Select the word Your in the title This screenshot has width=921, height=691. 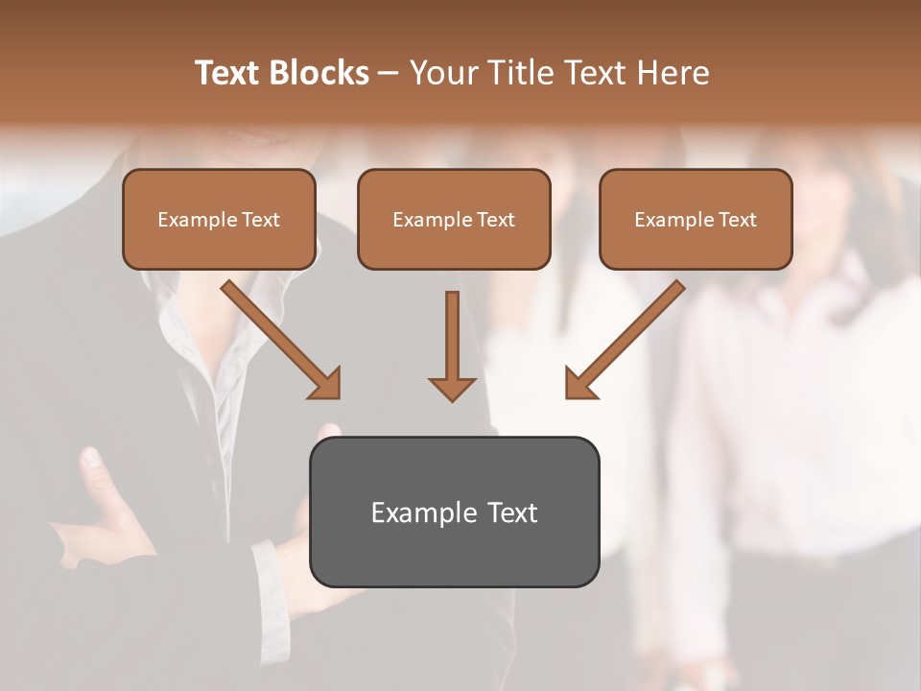(x=440, y=73)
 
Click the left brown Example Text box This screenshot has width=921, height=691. (x=219, y=220)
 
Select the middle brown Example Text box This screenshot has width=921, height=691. (x=454, y=220)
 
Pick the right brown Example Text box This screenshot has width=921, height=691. (x=696, y=220)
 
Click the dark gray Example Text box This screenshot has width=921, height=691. (x=454, y=512)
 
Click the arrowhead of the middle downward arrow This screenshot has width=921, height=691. (x=452, y=388)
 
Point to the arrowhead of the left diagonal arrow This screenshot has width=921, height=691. (x=326, y=383)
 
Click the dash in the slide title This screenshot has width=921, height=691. (x=389, y=73)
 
